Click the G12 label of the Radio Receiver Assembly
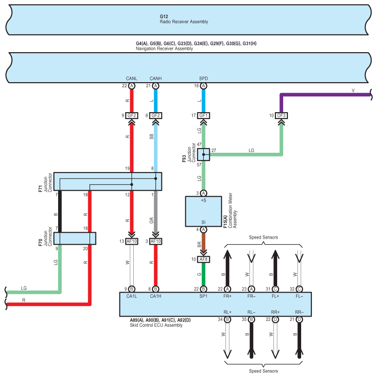point(164,17)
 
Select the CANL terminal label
point(131,78)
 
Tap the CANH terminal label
point(155,78)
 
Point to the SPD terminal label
point(203,78)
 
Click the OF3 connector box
point(281,115)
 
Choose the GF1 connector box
point(203,115)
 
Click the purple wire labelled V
point(325,95)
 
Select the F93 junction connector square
point(203,155)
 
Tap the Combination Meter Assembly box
point(203,211)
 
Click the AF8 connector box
point(203,259)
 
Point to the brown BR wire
point(203,243)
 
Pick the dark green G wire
point(203,274)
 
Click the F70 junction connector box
point(75,238)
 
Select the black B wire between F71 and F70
point(60,211)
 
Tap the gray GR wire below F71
point(155,211)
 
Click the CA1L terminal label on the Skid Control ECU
point(131,296)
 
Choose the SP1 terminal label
point(203,296)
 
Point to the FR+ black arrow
point(227,268)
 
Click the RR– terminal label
point(299,312)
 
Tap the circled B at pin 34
point(227,319)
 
